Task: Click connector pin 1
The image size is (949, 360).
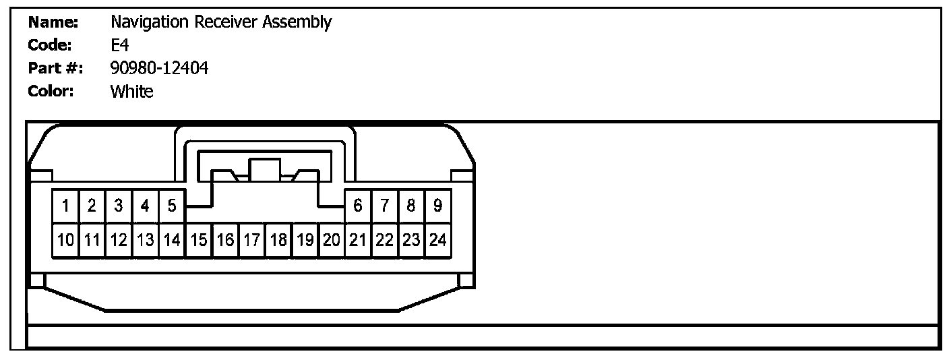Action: pyautogui.click(x=65, y=206)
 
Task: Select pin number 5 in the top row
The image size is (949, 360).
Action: pyautogui.click(x=172, y=206)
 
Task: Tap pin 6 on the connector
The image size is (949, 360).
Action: pyautogui.click(x=358, y=206)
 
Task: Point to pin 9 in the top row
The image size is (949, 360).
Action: pyautogui.click(x=437, y=206)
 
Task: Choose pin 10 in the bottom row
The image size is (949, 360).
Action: pyautogui.click(x=65, y=239)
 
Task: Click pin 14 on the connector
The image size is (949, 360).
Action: pyautogui.click(x=172, y=239)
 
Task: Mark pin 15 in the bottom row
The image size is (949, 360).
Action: pyautogui.click(x=198, y=239)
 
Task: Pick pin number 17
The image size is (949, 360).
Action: pyautogui.click(x=251, y=239)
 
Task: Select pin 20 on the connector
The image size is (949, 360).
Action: pyautogui.click(x=331, y=239)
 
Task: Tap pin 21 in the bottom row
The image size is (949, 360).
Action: pyautogui.click(x=358, y=239)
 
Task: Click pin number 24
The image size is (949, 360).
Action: pyautogui.click(x=437, y=239)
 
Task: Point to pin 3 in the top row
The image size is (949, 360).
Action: pyautogui.click(x=119, y=206)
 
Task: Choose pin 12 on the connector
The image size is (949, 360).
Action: pyautogui.click(x=119, y=239)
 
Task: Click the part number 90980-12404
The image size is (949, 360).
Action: pyautogui.click(x=159, y=68)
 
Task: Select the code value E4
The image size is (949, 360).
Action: pyautogui.click(x=119, y=45)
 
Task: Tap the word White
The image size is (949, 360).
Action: pyautogui.click(x=131, y=92)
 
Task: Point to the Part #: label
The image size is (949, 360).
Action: pyautogui.click(x=55, y=68)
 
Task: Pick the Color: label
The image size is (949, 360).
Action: pyautogui.click(x=51, y=92)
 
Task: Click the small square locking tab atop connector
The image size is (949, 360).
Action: pyautogui.click(x=264, y=169)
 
